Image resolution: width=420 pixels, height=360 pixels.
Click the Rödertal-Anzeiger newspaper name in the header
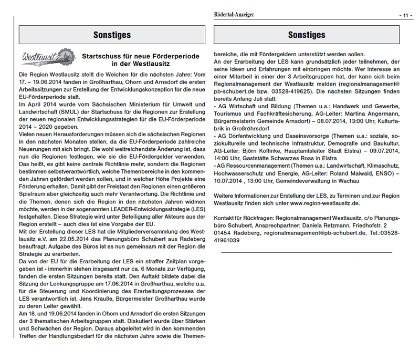[x=235, y=15]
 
